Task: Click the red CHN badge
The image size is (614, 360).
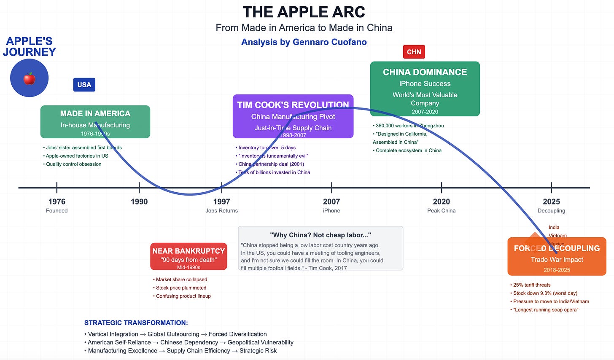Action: (414, 52)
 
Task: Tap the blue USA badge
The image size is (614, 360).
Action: (84, 85)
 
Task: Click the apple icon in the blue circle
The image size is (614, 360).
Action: (29, 78)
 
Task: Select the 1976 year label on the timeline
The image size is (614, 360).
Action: (57, 201)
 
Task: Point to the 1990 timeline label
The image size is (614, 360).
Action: (139, 201)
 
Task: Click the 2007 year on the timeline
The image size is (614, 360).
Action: (331, 201)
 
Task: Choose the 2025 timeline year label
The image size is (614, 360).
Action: (551, 201)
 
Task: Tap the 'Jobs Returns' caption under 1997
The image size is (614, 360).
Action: (221, 211)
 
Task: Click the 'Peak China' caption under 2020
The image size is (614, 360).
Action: (441, 211)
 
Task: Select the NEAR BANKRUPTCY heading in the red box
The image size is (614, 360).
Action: (189, 251)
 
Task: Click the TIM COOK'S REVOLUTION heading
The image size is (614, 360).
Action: (293, 105)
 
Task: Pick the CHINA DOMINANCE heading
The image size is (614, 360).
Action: (425, 72)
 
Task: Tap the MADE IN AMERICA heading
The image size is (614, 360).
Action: (95, 113)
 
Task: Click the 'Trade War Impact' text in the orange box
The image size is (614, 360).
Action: (557, 260)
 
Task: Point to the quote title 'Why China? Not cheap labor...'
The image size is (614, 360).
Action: (320, 235)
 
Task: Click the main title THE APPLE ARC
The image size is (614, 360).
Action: (304, 12)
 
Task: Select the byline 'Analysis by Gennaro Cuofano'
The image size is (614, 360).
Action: (304, 42)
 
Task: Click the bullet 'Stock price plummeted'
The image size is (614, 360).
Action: (181, 288)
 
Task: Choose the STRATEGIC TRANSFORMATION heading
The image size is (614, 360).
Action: (136, 323)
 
